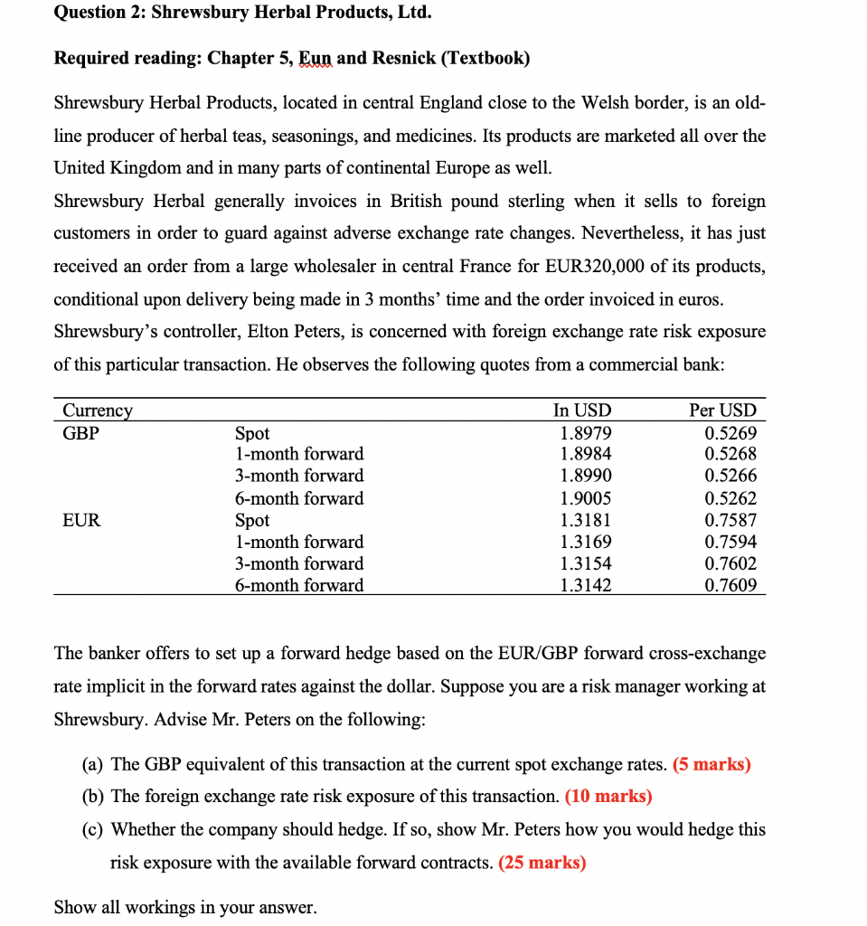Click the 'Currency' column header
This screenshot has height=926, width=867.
tap(97, 411)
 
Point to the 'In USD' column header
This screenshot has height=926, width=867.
tap(582, 411)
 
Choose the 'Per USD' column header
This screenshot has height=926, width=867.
tap(722, 411)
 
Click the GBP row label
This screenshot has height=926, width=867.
tap(80, 433)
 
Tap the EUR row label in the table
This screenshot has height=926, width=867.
tap(81, 520)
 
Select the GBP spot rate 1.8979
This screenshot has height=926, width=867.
tap(586, 433)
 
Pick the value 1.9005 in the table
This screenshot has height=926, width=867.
tap(586, 498)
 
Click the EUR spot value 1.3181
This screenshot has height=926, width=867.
tap(586, 520)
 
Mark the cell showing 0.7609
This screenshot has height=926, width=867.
tap(730, 585)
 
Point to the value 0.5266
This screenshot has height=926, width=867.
tap(730, 476)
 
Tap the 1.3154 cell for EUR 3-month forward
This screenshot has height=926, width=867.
tap(586, 563)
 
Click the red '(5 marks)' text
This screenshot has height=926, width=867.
tap(712, 764)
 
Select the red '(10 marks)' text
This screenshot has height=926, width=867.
tap(608, 797)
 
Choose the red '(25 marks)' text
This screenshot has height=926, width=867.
tap(542, 862)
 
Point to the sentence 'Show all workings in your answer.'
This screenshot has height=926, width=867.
tap(185, 907)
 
